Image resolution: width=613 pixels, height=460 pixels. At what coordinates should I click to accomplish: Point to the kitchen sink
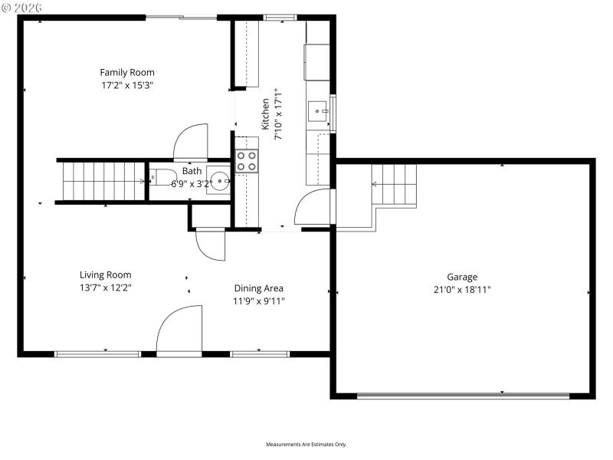pyautogui.click(x=318, y=112)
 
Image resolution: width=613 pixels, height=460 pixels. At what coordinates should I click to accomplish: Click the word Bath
pyautogui.click(x=192, y=171)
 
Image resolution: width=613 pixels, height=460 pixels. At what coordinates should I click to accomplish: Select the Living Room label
pyautogui.click(x=106, y=274)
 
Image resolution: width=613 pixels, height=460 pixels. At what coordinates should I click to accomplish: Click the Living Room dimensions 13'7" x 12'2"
pyautogui.click(x=106, y=287)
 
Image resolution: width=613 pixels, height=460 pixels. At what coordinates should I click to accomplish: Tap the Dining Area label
pyautogui.click(x=258, y=288)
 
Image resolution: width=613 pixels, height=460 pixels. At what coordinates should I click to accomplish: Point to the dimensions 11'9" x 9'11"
pyautogui.click(x=258, y=301)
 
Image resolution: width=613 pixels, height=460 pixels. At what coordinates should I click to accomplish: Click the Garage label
pyautogui.click(x=462, y=277)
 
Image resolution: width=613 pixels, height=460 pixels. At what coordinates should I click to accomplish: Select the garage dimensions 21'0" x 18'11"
pyautogui.click(x=462, y=290)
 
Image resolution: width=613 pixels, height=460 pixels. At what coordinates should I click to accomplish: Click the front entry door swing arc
pyautogui.click(x=179, y=330)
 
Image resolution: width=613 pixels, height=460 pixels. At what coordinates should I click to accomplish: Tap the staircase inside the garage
pyautogui.click(x=396, y=185)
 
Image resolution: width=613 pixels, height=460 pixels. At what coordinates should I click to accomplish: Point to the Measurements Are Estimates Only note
pyautogui.click(x=306, y=445)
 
